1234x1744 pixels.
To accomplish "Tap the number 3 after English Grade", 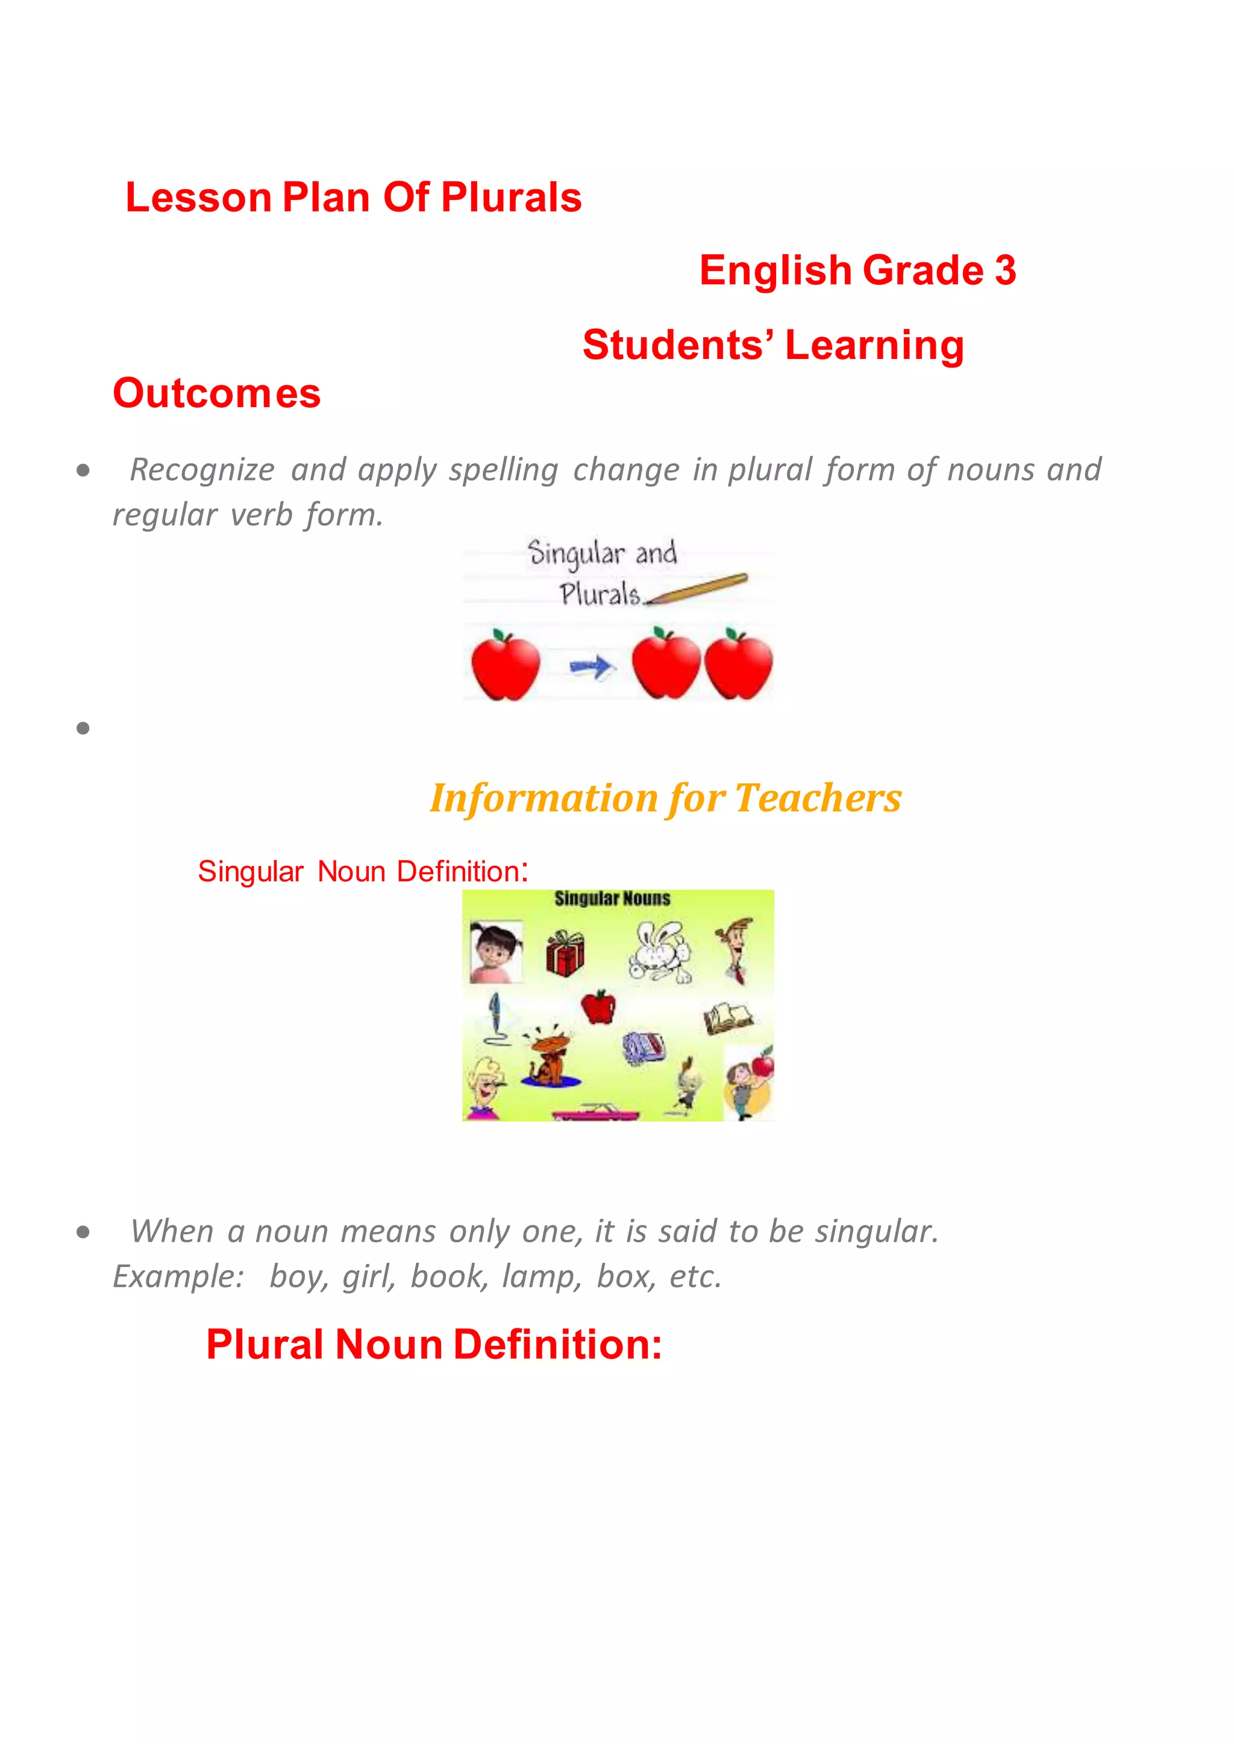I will point(1004,270).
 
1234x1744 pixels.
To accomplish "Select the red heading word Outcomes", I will point(216,393).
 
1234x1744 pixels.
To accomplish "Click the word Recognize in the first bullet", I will point(202,469).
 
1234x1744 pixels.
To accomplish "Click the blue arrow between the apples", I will point(591,668).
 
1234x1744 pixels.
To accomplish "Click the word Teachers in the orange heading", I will point(818,799).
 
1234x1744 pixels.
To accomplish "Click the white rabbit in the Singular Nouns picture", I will point(660,951).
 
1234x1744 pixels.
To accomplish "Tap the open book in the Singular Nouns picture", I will point(727,1018).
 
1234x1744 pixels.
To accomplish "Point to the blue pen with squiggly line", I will point(495,1018).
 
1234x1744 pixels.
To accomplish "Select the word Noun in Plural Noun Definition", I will point(388,1345).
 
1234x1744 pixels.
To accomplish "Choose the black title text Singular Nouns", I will point(612,898).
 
